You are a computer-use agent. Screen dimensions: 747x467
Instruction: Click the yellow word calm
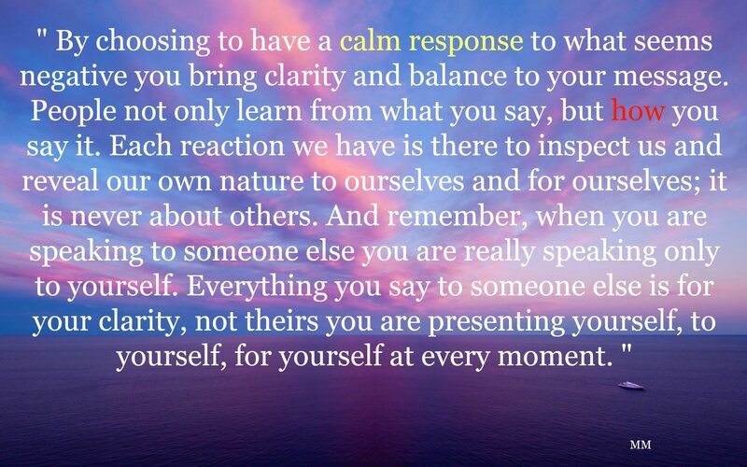coord(370,41)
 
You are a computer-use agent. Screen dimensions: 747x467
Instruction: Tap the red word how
coord(638,110)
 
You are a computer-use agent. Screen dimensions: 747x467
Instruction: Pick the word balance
coord(458,77)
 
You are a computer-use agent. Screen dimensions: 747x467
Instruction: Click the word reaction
coord(232,147)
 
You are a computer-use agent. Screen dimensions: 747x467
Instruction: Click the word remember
coord(461,217)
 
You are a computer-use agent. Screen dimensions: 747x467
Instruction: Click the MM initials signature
coord(641,445)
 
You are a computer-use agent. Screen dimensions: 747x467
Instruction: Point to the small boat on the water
coord(631,385)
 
